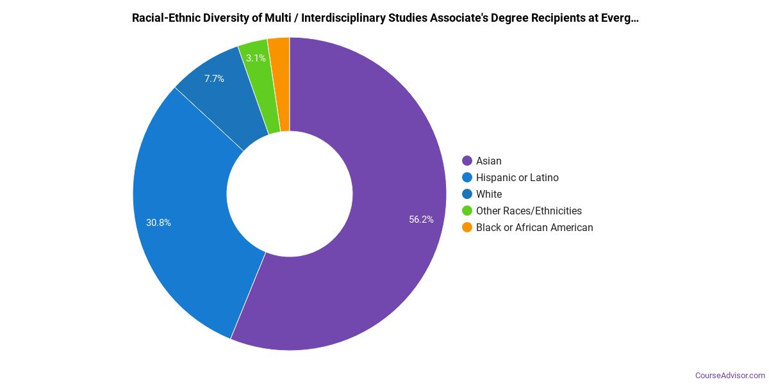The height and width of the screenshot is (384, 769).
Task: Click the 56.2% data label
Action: coord(421,220)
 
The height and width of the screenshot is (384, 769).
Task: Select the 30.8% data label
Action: coord(158,223)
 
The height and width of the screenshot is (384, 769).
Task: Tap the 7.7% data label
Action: coord(214,79)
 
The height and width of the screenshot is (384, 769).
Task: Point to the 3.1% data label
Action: coord(256,58)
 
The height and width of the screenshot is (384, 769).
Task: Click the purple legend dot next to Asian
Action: coord(467,161)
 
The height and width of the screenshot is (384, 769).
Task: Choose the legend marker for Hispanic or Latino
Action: coord(467,177)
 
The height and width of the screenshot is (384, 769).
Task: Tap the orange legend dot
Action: coord(467,227)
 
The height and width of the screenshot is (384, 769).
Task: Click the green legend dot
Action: coord(467,211)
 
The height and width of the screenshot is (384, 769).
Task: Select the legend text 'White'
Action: coord(489,194)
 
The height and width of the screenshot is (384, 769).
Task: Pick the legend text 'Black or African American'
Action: coord(534,227)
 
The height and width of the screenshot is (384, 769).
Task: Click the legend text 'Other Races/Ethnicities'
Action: coord(529,211)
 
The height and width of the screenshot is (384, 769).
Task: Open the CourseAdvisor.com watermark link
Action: coord(730,375)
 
